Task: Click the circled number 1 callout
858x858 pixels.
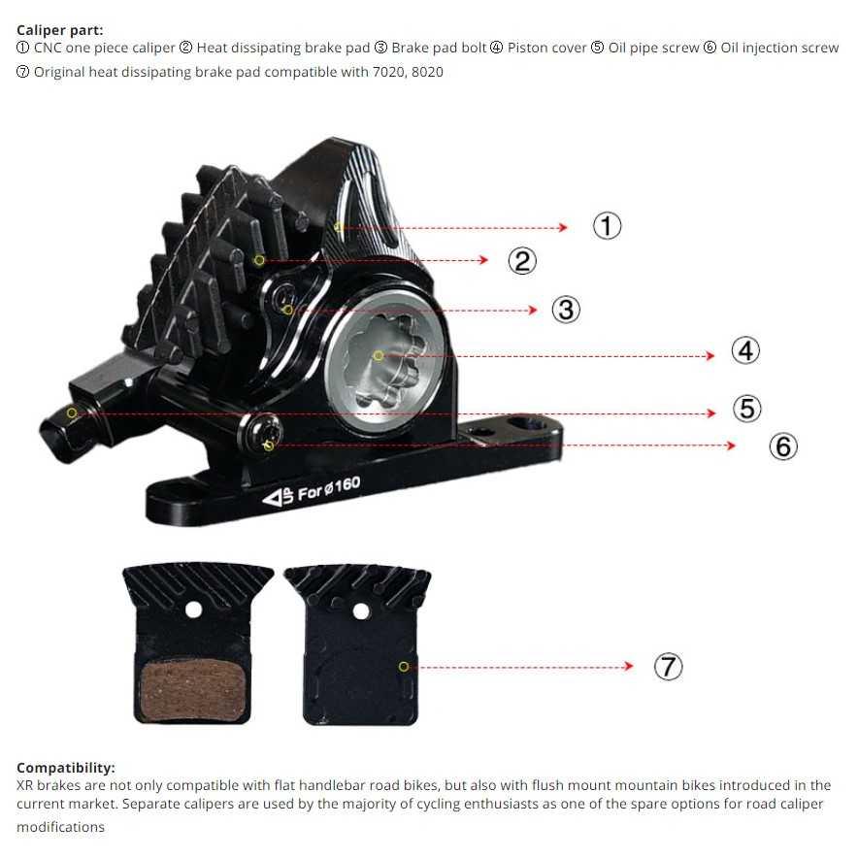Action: (607, 226)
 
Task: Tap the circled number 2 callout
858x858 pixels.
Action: (522, 260)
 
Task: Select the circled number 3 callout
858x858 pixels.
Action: (566, 310)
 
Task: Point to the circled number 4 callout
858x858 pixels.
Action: (745, 350)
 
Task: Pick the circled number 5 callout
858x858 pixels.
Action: (746, 409)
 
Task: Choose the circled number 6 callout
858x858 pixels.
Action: (783, 446)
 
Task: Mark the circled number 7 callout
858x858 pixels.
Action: (668, 667)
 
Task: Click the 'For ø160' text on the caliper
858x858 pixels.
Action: (329, 489)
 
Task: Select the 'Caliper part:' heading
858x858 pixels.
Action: (59, 30)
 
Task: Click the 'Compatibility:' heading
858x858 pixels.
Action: (65, 767)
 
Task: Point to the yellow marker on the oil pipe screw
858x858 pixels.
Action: (72, 413)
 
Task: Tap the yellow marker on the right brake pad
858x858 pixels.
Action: (404, 667)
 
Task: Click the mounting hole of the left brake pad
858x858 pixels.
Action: (195, 610)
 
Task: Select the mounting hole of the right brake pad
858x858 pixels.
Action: (361, 611)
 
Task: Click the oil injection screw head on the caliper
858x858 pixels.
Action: (266, 433)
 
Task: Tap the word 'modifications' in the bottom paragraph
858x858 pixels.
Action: (60, 827)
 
